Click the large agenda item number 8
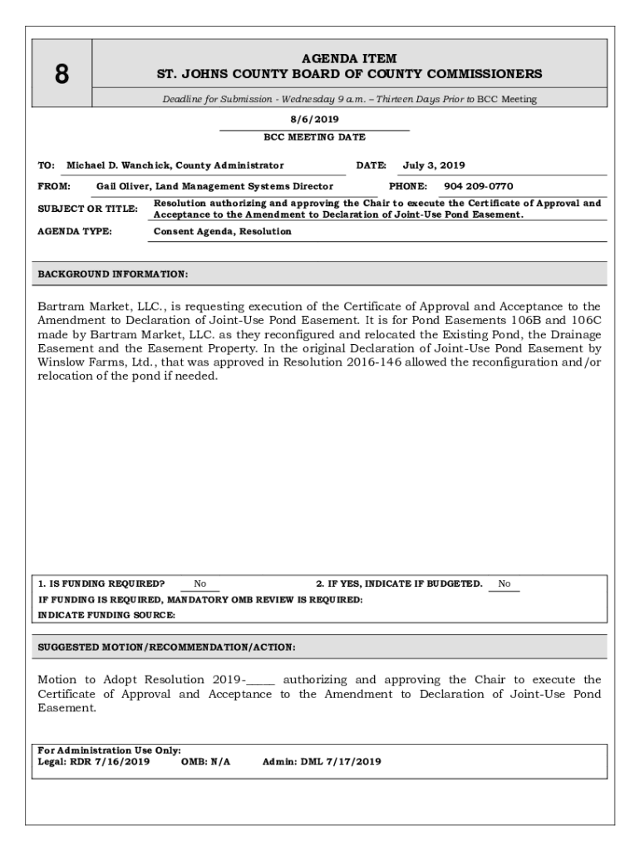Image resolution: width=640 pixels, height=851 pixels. click(x=62, y=75)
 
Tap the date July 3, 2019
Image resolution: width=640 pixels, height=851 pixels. click(x=434, y=165)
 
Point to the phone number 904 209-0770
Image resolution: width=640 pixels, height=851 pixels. click(x=478, y=186)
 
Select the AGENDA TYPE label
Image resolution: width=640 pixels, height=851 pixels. click(x=75, y=231)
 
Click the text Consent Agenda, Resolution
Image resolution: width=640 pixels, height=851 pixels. click(x=223, y=231)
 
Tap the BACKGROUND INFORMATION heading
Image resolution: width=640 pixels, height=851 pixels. click(x=113, y=274)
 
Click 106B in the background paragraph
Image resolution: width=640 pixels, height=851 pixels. click(x=529, y=321)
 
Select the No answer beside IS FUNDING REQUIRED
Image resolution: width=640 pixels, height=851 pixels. click(x=200, y=584)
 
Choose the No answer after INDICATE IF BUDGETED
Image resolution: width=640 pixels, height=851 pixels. click(x=504, y=584)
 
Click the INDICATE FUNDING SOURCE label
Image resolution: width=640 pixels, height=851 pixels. click(x=106, y=615)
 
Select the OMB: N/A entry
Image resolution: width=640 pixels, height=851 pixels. click(x=205, y=760)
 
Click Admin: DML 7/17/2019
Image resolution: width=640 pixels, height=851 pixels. click(x=322, y=760)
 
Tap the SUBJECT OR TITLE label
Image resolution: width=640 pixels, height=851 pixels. click(x=87, y=209)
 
